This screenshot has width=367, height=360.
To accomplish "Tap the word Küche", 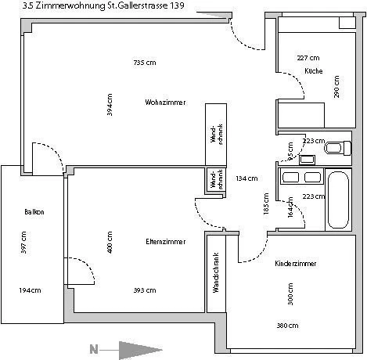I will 313,71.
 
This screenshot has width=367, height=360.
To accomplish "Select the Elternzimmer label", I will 165,242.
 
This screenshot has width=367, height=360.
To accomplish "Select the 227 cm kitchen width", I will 308,58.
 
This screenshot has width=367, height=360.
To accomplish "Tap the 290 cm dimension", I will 336,86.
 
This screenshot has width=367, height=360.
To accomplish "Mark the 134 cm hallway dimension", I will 246,178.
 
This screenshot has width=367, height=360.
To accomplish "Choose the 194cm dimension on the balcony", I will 30,290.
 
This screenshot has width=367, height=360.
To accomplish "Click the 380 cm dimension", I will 286,325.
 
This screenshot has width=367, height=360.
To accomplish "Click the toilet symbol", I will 336,146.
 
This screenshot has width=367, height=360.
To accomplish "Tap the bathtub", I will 340,200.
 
